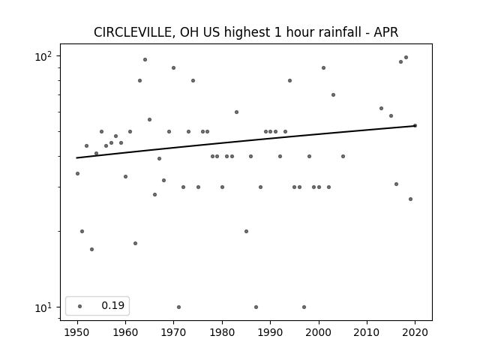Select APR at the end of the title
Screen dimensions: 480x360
click(386, 32)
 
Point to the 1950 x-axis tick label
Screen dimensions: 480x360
click(77, 332)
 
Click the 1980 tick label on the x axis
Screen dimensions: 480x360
click(222, 332)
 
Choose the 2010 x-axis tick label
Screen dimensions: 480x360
click(367, 332)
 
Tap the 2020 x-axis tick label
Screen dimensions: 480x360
click(415, 332)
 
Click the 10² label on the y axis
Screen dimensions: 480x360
click(43, 57)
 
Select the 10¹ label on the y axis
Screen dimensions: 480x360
click(43, 307)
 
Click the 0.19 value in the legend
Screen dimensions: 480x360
click(113, 305)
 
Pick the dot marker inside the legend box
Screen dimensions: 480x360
click(80, 306)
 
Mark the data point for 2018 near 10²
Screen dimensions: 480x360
click(406, 58)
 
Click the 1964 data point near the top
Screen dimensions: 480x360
click(145, 60)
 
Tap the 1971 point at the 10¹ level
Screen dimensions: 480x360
click(178, 307)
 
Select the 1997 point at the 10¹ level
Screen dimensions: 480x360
click(304, 307)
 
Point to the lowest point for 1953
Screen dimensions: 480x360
click(91, 250)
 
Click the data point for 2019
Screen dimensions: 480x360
click(410, 199)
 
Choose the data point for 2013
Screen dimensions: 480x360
click(382, 108)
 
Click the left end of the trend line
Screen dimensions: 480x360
click(76, 158)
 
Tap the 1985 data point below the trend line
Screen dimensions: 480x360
click(247, 232)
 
